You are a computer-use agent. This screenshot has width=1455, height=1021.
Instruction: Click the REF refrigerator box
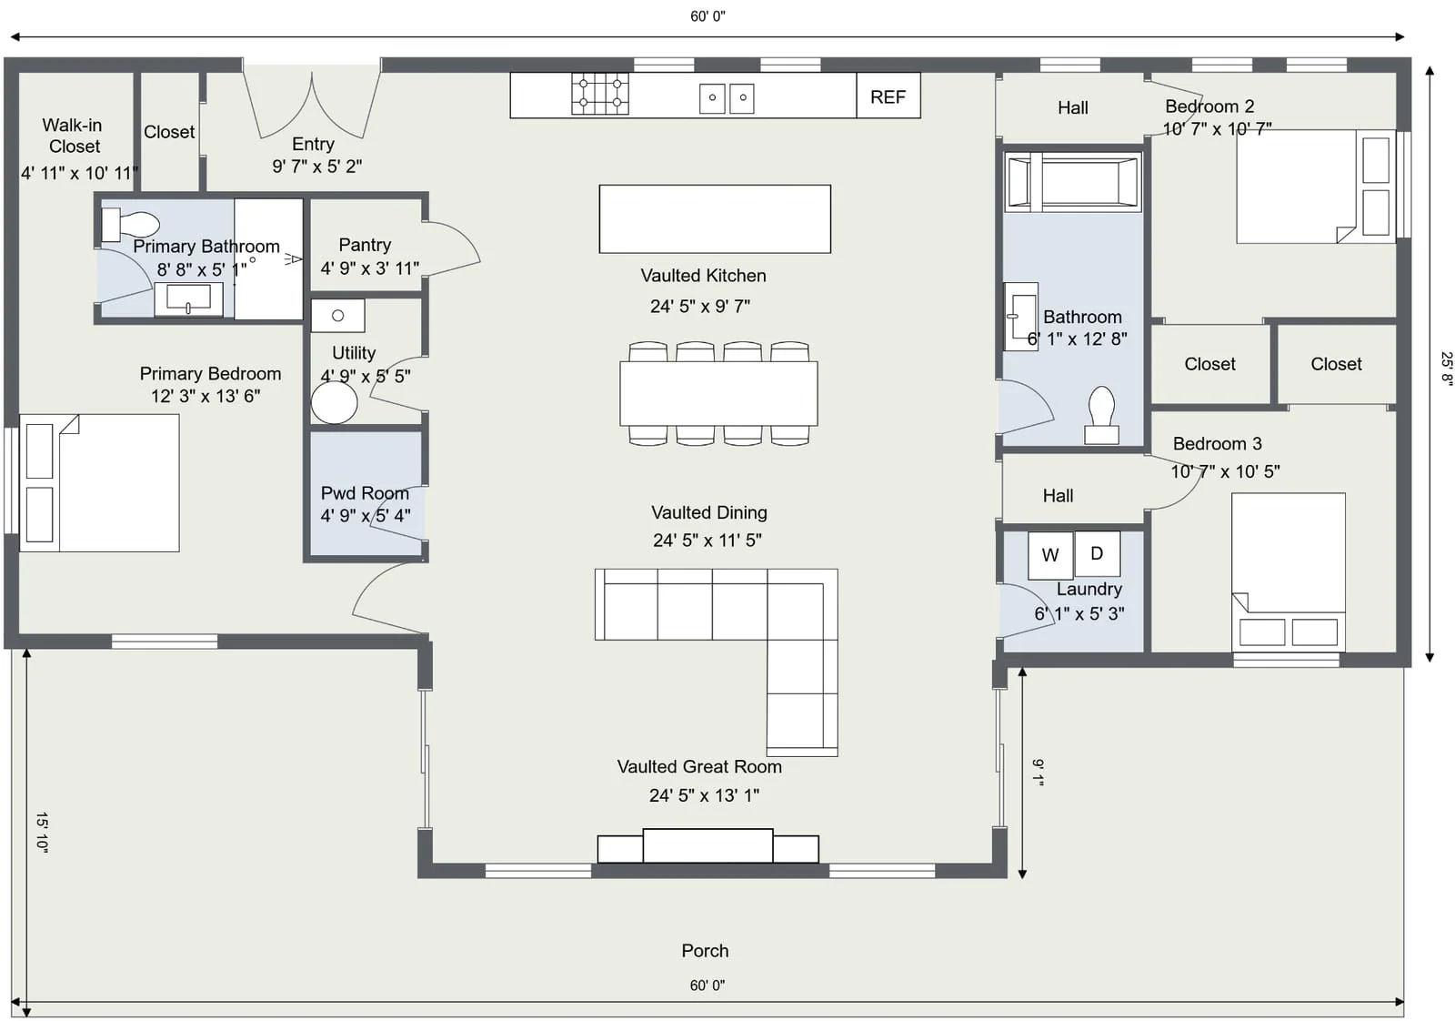888,96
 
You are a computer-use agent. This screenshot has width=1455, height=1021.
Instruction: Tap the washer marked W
1049,555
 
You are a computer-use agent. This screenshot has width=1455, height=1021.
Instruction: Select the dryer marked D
1097,553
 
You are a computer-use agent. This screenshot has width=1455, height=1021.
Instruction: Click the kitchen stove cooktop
599,94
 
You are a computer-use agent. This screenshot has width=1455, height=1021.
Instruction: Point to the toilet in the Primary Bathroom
130,225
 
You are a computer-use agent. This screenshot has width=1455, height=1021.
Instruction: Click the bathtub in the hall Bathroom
1072,182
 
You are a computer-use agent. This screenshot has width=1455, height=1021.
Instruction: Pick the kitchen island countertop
715,219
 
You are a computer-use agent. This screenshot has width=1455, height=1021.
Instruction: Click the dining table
718,393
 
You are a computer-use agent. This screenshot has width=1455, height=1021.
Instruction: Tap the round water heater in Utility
334,402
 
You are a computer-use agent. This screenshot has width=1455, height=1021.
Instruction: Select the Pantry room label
366,245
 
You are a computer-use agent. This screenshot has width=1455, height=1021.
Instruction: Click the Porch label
705,951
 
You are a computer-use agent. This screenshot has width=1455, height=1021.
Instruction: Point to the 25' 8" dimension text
1445,369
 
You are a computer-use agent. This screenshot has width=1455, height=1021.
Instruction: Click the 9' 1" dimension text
1038,772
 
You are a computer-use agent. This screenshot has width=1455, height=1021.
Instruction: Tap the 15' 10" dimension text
42,832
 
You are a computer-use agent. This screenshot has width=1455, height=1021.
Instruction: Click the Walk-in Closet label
73,136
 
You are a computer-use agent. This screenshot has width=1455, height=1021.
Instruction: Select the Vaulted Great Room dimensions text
704,794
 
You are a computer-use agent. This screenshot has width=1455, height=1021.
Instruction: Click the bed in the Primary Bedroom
99,483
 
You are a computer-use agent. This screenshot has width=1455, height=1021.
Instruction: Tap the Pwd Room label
365,492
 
